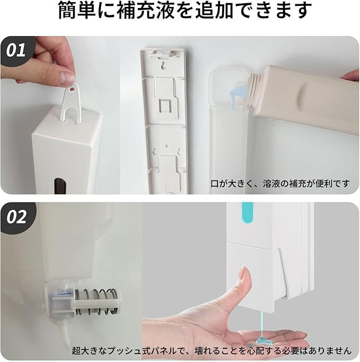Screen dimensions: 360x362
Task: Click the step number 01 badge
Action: [x=16, y=51]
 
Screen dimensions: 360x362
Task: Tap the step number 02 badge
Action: [x=16, y=217]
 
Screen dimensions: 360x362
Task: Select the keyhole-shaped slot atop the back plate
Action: [x=164, y=66]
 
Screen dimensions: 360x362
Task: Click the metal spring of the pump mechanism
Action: [x=96, y=302]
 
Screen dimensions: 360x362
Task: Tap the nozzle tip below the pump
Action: [x=64, y=337]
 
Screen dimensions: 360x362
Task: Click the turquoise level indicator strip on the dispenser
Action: [x=247, y=213]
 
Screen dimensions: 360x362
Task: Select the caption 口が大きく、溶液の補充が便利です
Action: [x=280, y=184]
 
